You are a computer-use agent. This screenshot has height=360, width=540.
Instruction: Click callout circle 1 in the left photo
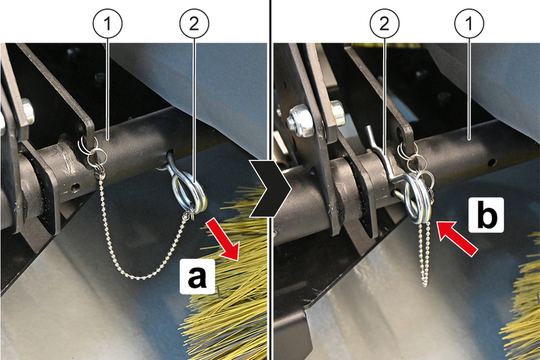click(107, 24)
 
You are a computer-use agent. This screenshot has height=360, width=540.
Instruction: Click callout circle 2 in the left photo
click(194, 24)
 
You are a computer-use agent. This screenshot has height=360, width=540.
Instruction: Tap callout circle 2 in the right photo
click(385, 24)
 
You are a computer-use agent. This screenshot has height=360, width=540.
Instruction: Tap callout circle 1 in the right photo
click(469, 24)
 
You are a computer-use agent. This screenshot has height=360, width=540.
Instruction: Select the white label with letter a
click(197, 276)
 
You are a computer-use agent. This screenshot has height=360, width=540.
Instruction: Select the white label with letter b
click(486, 215)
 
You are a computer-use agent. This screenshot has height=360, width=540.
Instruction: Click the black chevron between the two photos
click(270, 188)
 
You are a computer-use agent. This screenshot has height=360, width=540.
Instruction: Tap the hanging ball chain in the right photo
click(425, 255)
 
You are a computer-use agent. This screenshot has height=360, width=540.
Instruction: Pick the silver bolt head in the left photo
click(28, 111)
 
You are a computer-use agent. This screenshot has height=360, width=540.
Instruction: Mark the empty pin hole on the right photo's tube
click(494, 161)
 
